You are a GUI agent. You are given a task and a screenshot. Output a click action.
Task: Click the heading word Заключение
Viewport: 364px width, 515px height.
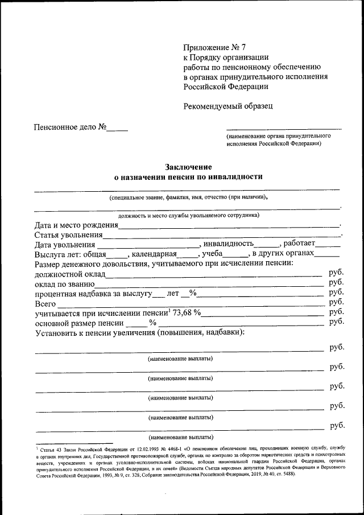click(188, 167)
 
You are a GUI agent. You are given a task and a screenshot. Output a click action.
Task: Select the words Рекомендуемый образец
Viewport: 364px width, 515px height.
click(227, 106)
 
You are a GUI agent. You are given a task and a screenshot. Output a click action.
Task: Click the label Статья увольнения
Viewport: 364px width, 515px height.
click(68, 234)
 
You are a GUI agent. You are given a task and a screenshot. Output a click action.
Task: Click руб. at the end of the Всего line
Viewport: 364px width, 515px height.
click(337, 302)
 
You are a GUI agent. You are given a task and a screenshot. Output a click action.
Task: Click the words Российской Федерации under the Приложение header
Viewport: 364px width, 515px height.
click(225, 86)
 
